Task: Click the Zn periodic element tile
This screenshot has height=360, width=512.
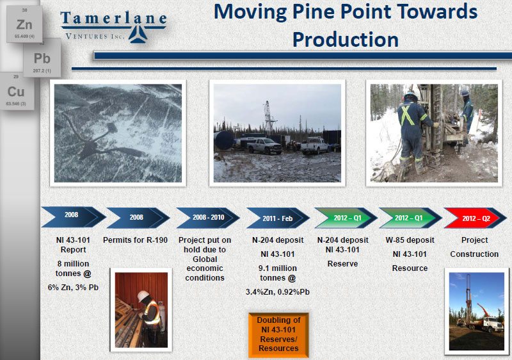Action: pyautogui.click(x=24, y=24)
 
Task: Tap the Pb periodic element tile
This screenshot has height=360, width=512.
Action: pyautogui.click(x=42, y=58)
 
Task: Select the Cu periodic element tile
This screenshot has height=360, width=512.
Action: pyautogui.click(x=17, y=92)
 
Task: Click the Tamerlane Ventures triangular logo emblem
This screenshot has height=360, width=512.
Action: pyautogui.click(x=138, y=35)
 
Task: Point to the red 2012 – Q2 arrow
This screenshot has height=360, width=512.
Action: pyautogui.click(x=475, y=218)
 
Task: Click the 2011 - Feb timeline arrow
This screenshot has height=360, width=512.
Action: pyautogui.click(x=278, y=218)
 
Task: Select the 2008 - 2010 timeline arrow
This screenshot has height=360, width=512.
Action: pyautogui.click(x=208, y=217)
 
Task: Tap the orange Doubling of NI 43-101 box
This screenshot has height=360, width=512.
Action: pyautogui.click(x=278, y=334)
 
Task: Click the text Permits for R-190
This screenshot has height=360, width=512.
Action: pyautogui.click(x=135, y=240)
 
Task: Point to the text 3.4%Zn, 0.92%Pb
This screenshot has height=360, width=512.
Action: pyautogui.click(x=278, y=291)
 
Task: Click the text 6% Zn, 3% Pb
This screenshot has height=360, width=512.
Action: pyautogui.click(x=73, y=288)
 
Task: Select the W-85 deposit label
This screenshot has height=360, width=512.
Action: pyautogui.click(x=410, y=240)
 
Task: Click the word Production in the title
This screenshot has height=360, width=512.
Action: pyautogui.click(x=346, y=40)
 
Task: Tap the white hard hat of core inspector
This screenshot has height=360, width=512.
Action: pyautogui.click(x=143, y=296)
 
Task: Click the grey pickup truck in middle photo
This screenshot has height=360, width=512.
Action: pyautogui.click(x=264, y=145)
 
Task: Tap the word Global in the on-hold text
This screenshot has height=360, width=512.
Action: pyautogui.click(x=205, y=259)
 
